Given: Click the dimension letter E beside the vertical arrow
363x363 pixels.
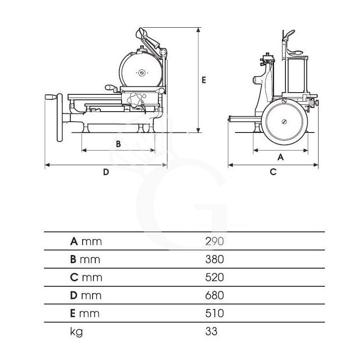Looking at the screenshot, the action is (x=204, y=80).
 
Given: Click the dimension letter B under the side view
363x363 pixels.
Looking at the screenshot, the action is (x=118, y=144).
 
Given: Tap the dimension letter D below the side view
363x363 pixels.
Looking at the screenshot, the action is (x=106, y=172).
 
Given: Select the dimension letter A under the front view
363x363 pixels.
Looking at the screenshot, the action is (x=280, y=157).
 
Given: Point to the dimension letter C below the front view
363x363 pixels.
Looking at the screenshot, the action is (x=273, y=172).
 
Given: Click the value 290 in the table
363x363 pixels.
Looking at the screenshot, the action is (x=214, y=241).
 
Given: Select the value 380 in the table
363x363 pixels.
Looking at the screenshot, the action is (x=214, y=260).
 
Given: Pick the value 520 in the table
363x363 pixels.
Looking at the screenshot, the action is (x=214, y=277).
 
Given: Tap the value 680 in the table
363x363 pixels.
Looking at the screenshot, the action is (x=214, y=295).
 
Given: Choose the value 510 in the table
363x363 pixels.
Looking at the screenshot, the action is (x=214, y=314).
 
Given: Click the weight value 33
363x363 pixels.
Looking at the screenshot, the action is (x=211, y=332).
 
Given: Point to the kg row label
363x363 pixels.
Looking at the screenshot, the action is (x=76, y=332).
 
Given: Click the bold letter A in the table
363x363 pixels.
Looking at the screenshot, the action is (x=74, y=241).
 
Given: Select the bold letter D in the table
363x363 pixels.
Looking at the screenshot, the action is (x=74, y=295).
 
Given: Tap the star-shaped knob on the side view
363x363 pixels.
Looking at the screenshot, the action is (x=135, y=99).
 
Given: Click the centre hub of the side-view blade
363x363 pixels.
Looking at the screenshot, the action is (x=142, y=73).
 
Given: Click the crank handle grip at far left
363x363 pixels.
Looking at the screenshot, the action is (x=51, y=97).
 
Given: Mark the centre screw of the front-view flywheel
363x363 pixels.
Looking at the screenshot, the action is (x=285, y=122).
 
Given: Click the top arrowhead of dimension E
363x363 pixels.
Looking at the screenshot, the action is (x=198, y=29).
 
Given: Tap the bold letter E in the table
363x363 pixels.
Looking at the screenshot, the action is (x=73, y=314).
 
